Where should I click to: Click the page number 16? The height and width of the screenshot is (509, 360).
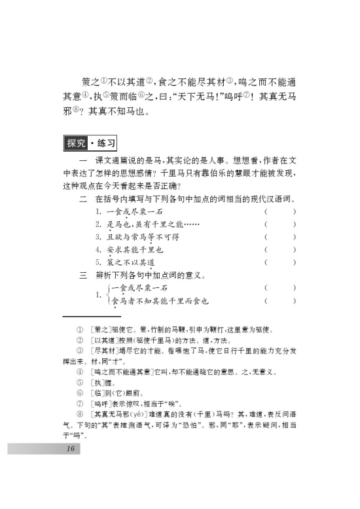pyautogui.click(x=70, y=449)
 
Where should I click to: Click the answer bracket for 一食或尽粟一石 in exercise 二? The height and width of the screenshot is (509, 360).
pyautogui.click(x=280, y=212)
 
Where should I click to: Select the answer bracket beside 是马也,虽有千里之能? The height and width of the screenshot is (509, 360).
pyautogui.click(x=280, y=224)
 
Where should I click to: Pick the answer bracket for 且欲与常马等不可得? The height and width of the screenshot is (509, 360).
pyautogui.click(x=280, y=237)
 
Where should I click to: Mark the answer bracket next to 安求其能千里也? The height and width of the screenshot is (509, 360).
pyautogui.click(x=280, y=249)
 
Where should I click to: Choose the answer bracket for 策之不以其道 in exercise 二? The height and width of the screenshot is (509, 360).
pyautogui.click(x=280, y=262)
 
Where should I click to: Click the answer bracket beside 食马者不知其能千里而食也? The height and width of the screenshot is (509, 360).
pyautogui.click(x=280, y=301)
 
